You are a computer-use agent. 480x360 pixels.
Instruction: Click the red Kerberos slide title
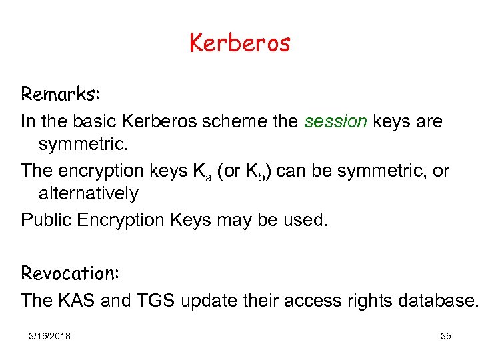(x=240, y=43)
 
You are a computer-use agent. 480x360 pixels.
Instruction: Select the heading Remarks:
(x=61, y=94)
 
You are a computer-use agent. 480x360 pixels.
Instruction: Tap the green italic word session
(x=336, y=121)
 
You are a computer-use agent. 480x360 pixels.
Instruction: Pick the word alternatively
(x=89, y=194)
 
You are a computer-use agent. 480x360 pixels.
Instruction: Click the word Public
(x=45, y=219)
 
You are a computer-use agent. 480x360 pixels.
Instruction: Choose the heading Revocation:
(x=69, y=273)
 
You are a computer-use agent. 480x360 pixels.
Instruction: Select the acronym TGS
(x=157, y=301)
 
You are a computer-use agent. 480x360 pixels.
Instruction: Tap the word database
(x=437, y=301)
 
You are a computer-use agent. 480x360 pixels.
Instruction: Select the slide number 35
(x=446, y=336)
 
